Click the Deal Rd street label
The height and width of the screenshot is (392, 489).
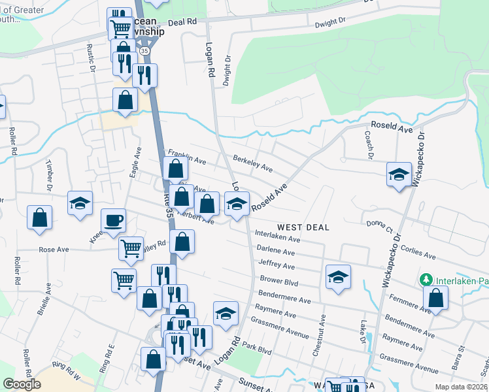pos(182,22)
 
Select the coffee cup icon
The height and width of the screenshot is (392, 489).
pos(114,220)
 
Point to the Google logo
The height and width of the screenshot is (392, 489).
pos(22,384)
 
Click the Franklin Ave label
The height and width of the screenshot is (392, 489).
pos(187,156)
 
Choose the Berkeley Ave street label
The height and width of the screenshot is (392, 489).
pos(252,163)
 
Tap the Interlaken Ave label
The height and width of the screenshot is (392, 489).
pos(277,237)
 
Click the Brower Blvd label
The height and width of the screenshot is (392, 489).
pos(278,280)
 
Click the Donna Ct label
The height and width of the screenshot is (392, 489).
pos(379,226)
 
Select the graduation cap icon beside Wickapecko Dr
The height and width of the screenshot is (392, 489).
pos(398,174)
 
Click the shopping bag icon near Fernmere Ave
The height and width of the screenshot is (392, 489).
pos(435,299)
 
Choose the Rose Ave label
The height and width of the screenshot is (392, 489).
pos(54,250)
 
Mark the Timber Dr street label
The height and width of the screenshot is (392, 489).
pos(49,175)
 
